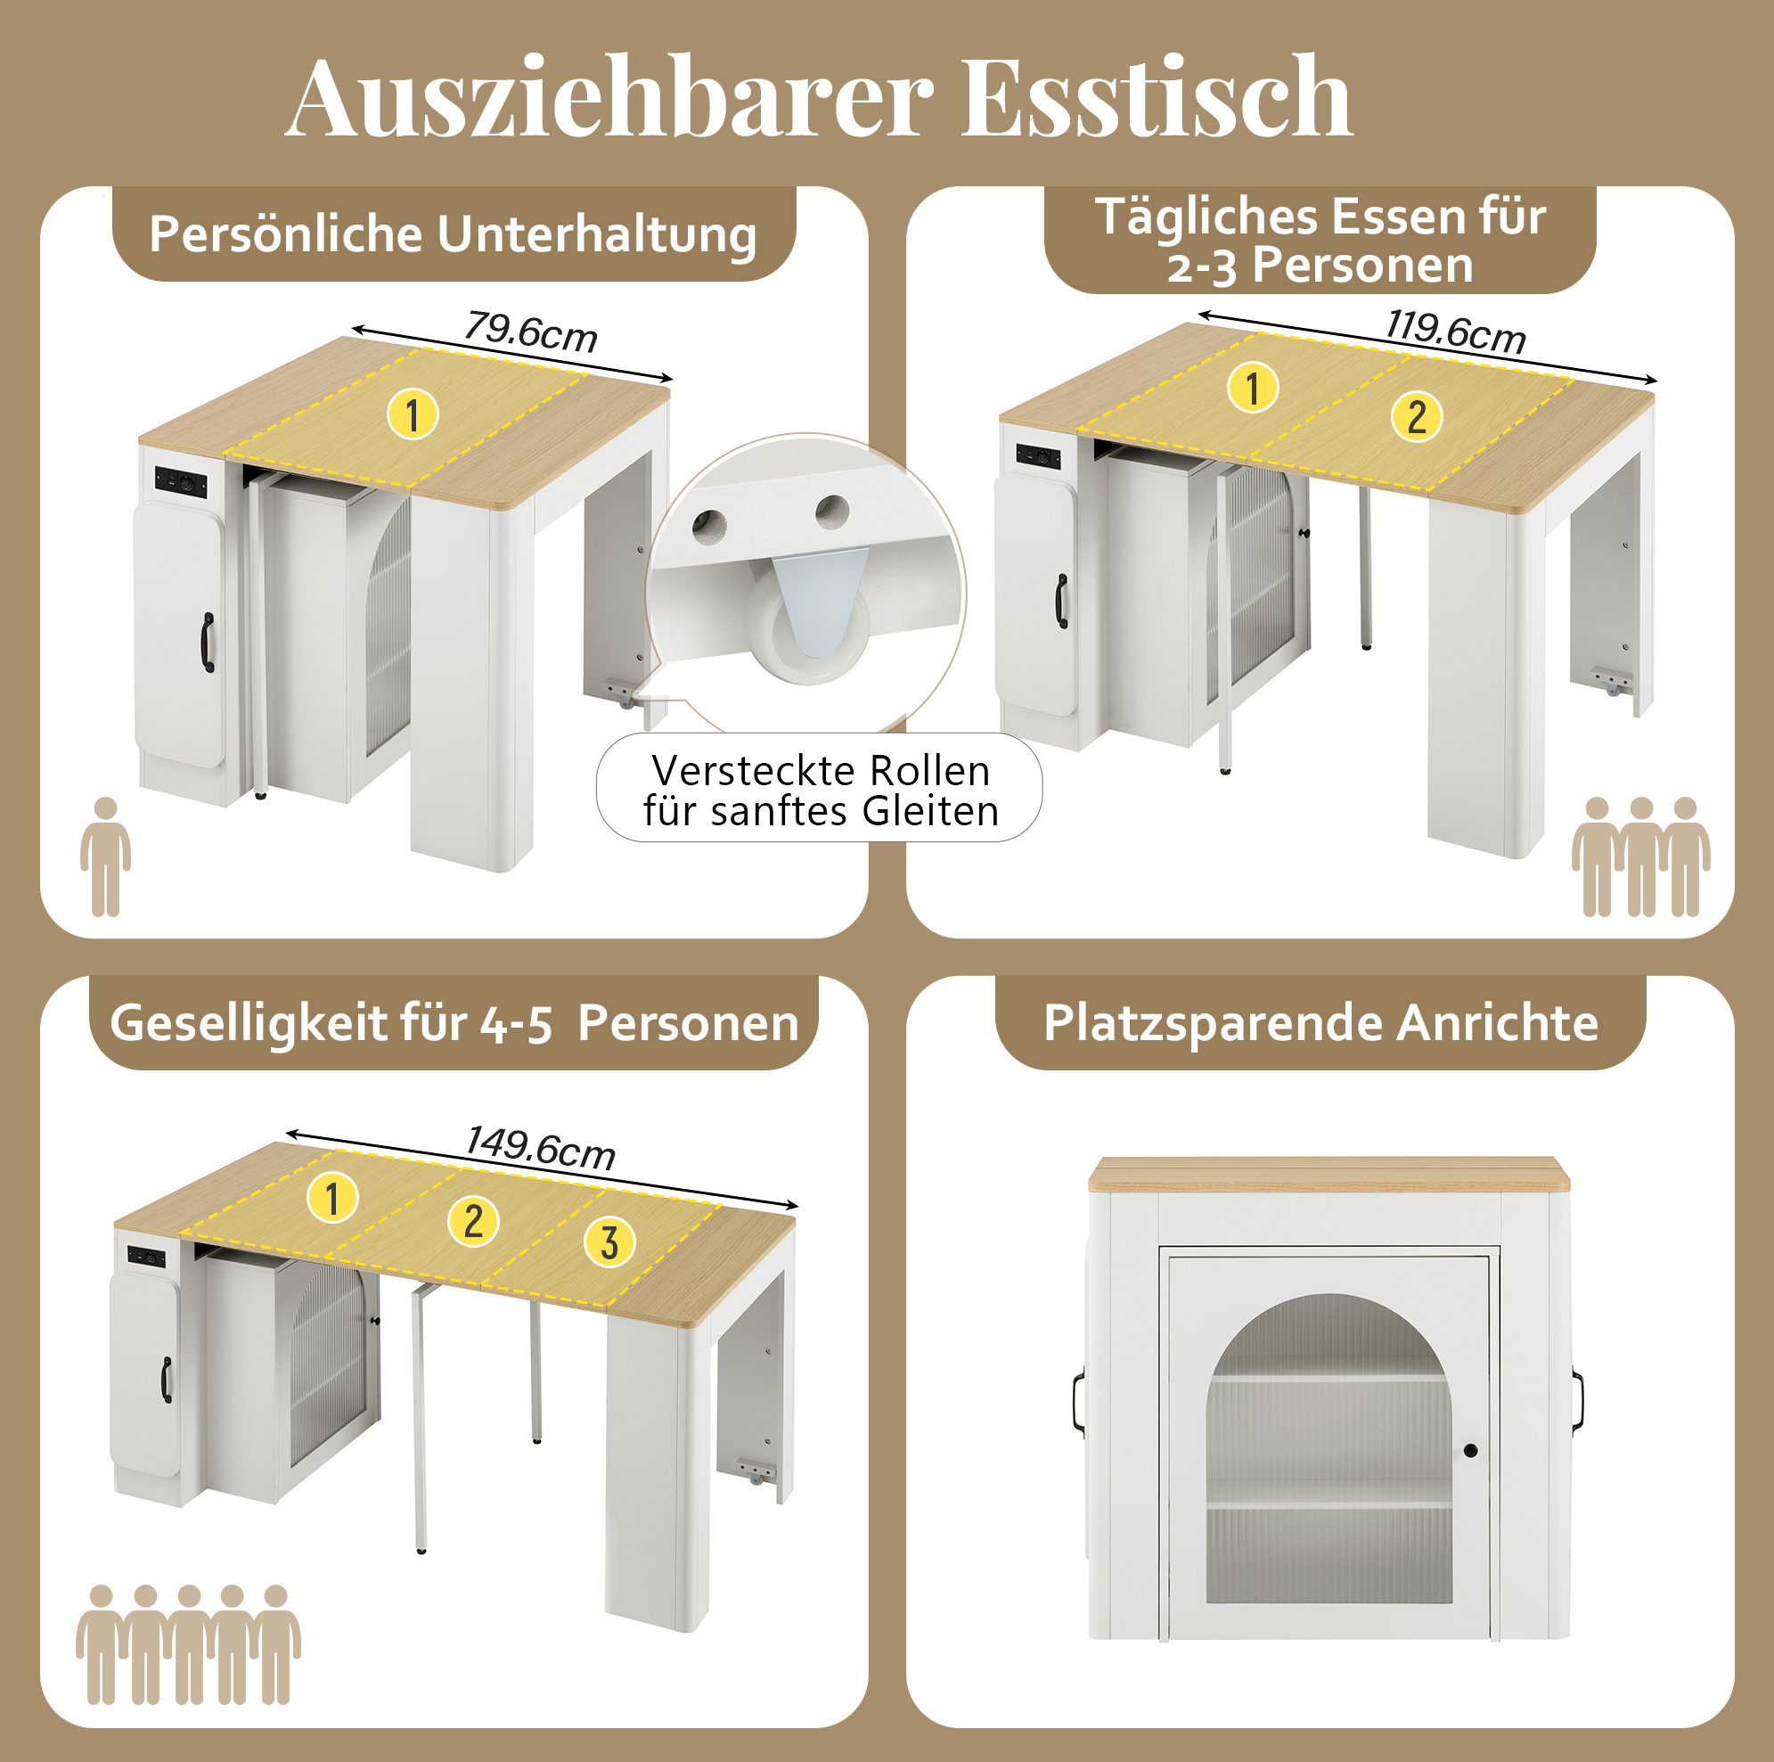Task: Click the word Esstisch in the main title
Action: tap(1156, 96)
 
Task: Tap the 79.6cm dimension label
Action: tap(531, 332)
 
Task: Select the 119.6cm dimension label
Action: tap(1455, 331)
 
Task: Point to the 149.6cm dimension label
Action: tap(540, 1147)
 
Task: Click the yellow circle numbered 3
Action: tap(609, 1243)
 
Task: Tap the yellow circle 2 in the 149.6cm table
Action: tap(473, 1221)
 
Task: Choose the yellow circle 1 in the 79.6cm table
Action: tap(413, 414)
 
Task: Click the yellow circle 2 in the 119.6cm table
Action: tap(1417, 416)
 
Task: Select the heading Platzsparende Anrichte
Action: tap(1320, 1022)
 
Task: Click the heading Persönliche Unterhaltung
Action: tap(453, 234)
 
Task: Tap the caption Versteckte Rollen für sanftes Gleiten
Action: tap(820, 790)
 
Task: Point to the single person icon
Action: tap(106, 856)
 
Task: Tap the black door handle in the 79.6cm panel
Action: tap(208, 643)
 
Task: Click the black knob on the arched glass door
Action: tap(1470, 1451)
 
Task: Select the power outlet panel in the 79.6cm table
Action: tap(180, 481)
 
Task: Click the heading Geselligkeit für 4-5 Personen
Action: tap(454, 1022)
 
